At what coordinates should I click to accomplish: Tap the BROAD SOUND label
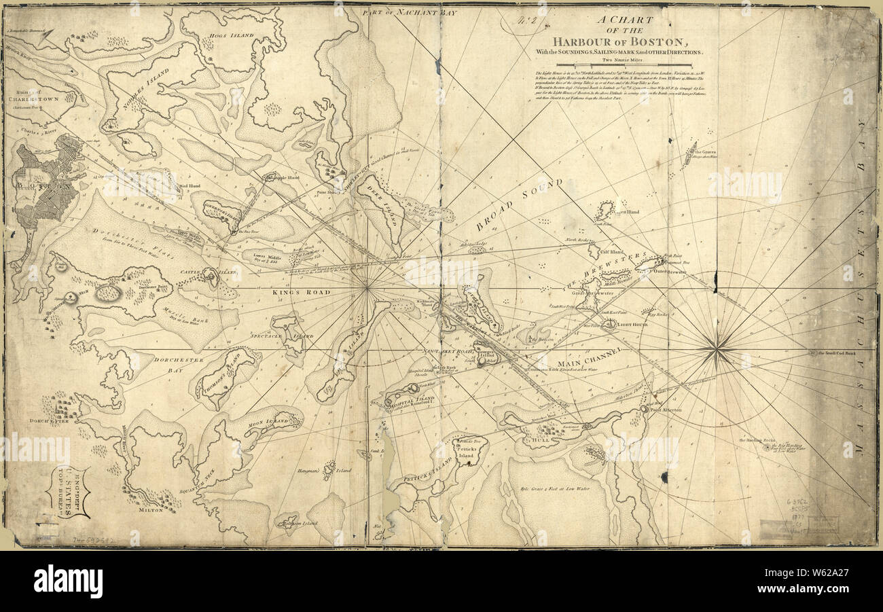pos(520,205)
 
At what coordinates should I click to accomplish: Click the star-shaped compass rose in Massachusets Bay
pos(717,350)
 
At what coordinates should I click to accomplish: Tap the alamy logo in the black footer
pos(68,581)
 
